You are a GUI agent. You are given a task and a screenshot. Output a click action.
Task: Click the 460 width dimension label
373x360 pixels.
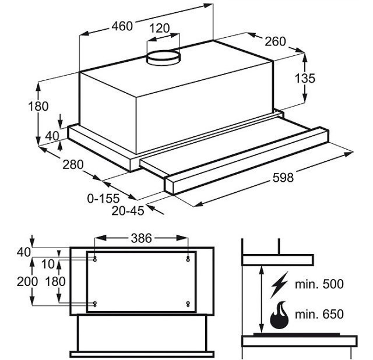pos(122,26)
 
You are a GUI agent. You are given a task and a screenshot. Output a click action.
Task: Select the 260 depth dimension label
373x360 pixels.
pos(275,41)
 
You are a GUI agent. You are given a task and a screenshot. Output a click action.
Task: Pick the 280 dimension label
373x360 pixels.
pos(73,164)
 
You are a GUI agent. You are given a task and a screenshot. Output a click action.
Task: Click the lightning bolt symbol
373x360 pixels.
pos(279,284)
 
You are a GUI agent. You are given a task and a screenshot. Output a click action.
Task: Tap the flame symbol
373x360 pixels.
pos(279,315)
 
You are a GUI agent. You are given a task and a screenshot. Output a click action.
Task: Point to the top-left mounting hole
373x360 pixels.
pos(94,257)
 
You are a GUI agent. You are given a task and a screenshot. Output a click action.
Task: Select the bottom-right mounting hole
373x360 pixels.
pos(187,303)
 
